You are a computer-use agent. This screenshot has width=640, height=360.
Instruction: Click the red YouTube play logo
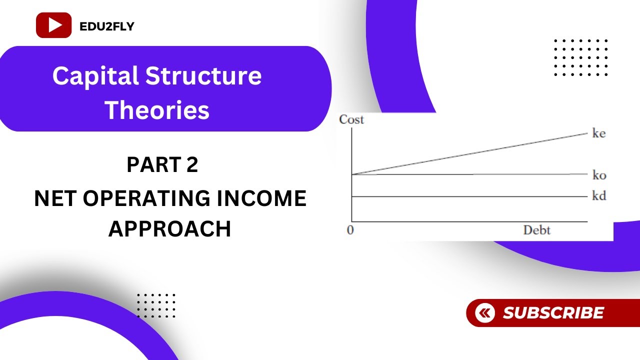pos(53,25)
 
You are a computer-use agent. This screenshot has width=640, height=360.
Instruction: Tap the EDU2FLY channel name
pos(107,26)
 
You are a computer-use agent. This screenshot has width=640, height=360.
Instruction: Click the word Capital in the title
pos(95,76)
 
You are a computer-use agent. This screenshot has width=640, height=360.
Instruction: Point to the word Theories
pos(157,110)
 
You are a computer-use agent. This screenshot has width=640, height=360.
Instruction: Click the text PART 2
pos(162,165)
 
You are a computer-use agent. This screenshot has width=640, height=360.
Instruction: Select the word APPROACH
pos(170,229)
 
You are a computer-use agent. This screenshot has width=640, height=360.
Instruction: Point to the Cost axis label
pos(351,119)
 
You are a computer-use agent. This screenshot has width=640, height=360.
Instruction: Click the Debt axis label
pos(536,230)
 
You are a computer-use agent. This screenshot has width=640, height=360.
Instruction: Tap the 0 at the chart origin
pos(350,231)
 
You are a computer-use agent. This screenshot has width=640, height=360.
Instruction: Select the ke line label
pos(598,134)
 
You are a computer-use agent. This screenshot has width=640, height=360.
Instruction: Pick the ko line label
pos(599,175)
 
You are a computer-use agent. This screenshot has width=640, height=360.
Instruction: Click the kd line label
pos(599,196)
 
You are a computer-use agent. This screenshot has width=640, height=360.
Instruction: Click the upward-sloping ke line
pos(470,154)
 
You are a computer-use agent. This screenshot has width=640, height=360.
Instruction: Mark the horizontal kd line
pos(470,196)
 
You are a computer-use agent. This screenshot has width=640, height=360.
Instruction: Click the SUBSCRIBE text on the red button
pos(553,313)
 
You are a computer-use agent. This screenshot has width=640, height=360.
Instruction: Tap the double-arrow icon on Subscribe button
pos(484,313)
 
